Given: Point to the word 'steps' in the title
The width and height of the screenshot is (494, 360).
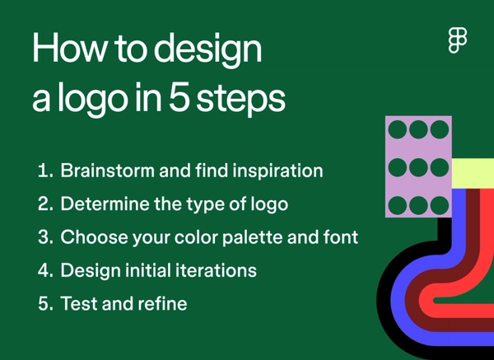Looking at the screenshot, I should click(x=246, y=101).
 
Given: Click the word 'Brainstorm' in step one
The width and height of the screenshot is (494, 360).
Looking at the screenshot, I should click(x=113, y=171).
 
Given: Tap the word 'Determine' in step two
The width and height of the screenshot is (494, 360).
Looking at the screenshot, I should click(x=105, y=204).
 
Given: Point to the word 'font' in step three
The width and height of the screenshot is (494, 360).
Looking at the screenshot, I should click(x=340, y=237).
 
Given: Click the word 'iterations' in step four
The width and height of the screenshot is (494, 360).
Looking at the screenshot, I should click(x=215, y=270).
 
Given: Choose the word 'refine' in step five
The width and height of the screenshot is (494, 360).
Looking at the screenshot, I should click(x=164, y=303).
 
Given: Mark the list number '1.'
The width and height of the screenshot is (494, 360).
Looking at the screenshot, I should click(x=45, y=171).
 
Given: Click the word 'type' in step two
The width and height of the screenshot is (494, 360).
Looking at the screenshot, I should click(x=207, y=205).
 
